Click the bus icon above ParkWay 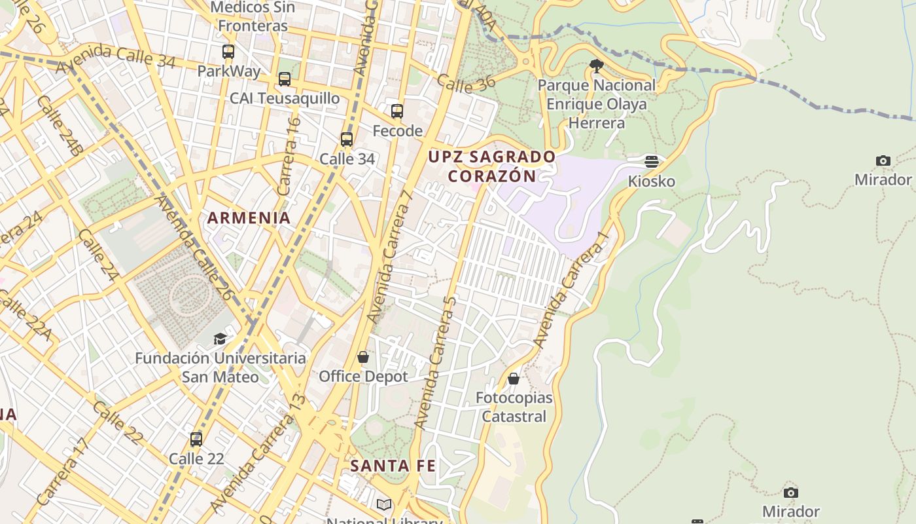228,51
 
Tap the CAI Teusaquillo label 285,98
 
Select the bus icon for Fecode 397,111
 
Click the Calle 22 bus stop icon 196,440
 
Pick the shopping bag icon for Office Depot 363,357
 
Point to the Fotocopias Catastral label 514,407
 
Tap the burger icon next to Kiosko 651,161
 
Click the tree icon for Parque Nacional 596,65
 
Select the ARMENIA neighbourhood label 249,218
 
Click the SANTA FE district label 393,466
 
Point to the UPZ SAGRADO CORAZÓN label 492,166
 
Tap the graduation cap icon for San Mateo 220,339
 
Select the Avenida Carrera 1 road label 571,289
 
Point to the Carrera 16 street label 289,156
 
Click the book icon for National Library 384,505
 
